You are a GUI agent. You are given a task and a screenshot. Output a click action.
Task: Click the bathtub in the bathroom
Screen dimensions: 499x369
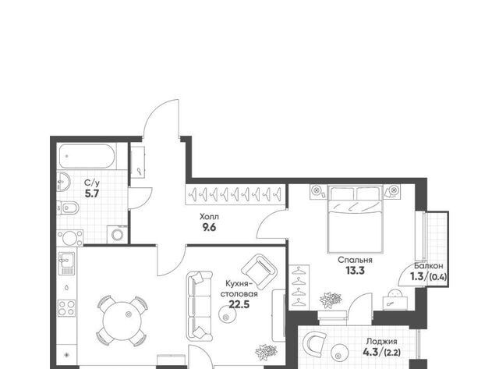click(87, 156)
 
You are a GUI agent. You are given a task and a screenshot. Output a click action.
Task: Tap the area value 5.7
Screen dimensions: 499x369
click(92, 193)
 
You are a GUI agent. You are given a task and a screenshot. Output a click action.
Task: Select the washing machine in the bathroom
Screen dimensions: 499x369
click(117, 235)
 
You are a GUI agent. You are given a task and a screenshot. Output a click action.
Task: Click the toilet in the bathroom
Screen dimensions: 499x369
click(68, 208)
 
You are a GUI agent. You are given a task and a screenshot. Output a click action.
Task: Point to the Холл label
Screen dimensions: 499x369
click(209, 217)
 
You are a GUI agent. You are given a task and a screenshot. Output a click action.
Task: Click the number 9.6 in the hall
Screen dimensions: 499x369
click(209, 227)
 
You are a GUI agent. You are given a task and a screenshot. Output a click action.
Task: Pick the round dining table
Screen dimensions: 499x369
click(122, 321)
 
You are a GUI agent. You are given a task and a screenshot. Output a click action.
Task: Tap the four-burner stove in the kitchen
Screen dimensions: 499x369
click(66, 308)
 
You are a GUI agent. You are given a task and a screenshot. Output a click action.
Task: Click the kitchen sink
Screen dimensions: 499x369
click(66, 263)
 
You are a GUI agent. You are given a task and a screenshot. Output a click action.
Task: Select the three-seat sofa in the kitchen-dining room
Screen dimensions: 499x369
click(200, 306)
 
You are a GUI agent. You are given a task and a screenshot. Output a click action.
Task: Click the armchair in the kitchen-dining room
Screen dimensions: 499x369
click(259, 270)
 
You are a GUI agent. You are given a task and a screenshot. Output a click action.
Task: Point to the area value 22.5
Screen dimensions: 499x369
click(239, 305)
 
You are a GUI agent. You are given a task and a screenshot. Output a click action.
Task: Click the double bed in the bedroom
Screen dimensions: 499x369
click(355, 220)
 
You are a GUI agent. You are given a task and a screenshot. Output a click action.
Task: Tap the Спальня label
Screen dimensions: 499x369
click(355, 260)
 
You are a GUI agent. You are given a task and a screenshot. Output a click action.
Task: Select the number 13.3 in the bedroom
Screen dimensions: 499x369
click(355, 271)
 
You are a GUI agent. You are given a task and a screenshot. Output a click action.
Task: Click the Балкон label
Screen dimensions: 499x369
click(428, 266)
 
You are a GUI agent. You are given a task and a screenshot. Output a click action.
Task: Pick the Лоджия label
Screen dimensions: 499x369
click(381, 342)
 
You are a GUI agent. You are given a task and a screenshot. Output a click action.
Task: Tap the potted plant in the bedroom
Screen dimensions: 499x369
click(331, 300)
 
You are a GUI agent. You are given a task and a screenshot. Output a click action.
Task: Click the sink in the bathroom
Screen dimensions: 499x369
click(63, 182)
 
